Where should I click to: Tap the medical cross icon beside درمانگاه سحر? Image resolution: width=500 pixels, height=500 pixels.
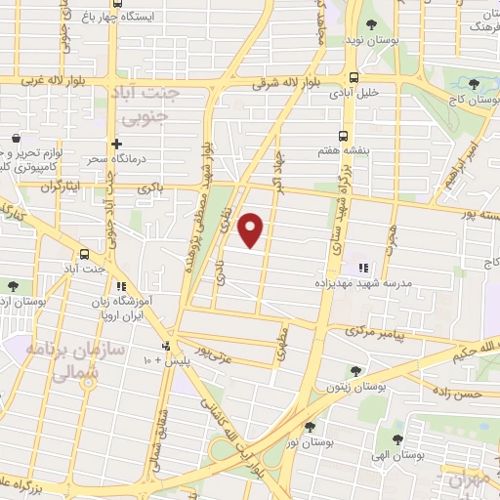tap(116, 144)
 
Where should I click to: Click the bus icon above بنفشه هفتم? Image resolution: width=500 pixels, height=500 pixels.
tap(343, 137)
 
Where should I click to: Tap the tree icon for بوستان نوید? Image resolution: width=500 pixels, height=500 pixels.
tap(370, 25)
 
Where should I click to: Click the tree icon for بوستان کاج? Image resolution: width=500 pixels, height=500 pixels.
tap(474, 84)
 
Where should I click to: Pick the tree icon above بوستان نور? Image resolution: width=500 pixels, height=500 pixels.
tap(311, 426)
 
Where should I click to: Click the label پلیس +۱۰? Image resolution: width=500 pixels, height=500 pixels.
tap(150, 359)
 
